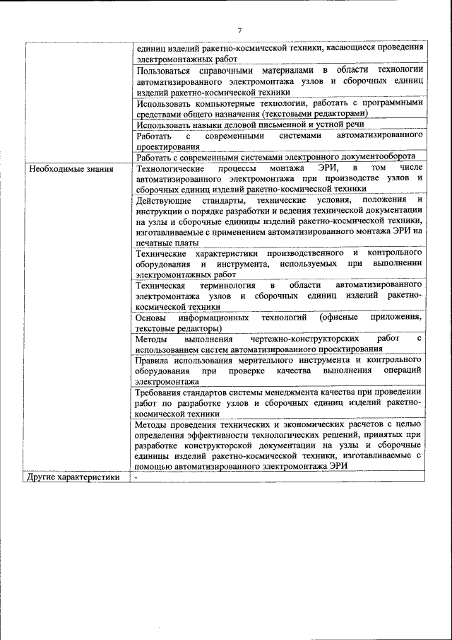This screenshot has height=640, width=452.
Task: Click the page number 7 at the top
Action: click(x=239, y=30)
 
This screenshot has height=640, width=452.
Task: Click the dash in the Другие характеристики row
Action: click(x=138, y=477)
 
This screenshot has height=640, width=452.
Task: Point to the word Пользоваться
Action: click(x=165, y=70)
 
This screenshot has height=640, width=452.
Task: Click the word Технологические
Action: click(x=170, y=169)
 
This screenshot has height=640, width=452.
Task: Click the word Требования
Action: click(x=162, y=391)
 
